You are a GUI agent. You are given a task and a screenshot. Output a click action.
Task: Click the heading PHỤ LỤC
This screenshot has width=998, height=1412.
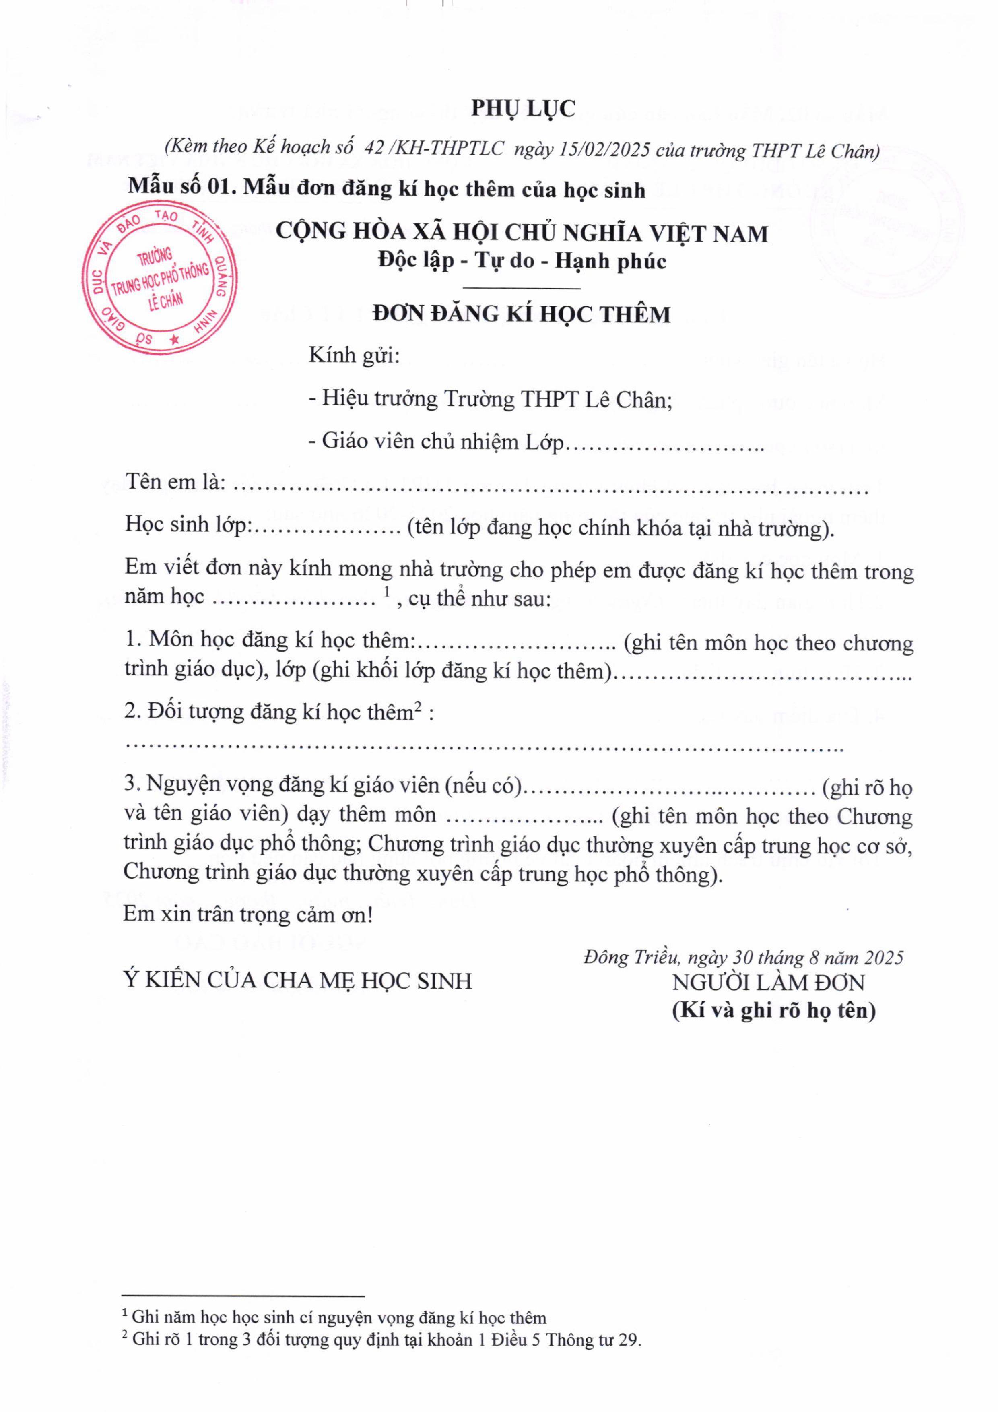[523, 108]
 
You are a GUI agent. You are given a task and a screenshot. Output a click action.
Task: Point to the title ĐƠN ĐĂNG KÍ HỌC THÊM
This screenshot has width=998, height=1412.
[522, 314]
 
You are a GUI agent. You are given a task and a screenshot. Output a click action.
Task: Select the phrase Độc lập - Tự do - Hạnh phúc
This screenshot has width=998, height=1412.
[522, 261]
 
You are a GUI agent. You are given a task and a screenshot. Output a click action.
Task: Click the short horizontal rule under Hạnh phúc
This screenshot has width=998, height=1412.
[522, 288]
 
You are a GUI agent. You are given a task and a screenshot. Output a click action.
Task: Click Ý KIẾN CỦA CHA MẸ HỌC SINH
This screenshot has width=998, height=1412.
[298, 980]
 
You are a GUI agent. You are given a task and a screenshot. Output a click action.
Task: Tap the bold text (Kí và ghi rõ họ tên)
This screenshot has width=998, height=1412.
[773, 1010]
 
